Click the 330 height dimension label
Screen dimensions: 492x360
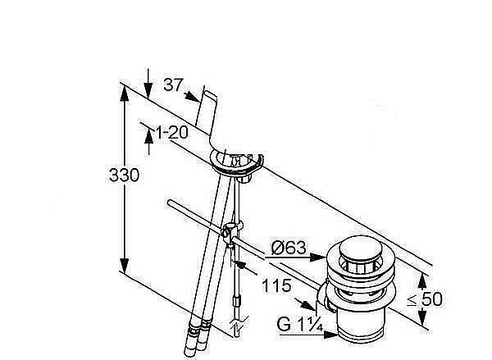click(124, 175)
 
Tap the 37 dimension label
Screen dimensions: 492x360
click(173, 84)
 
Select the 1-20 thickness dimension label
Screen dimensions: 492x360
click(172, 133)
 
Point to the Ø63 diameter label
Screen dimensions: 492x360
click(289, 248)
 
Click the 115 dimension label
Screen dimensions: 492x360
click(276, 286)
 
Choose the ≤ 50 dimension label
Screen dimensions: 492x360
click(425, 298)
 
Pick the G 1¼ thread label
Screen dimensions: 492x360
click(299, 324)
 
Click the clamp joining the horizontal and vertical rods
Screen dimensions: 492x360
click(231, 233)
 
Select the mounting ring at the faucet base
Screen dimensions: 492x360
click(237, 162)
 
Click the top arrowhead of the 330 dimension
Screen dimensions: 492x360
click(125, 93)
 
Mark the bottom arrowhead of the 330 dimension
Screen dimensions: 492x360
click(125, 266)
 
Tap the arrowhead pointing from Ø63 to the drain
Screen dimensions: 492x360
click(317, 257)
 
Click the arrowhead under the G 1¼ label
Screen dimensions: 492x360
click(331, 335)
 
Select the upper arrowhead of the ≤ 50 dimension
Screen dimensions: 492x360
click(422, 281)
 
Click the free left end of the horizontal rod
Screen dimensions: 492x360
click(170, 203)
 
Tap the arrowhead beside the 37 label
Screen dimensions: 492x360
click(192, 97)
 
